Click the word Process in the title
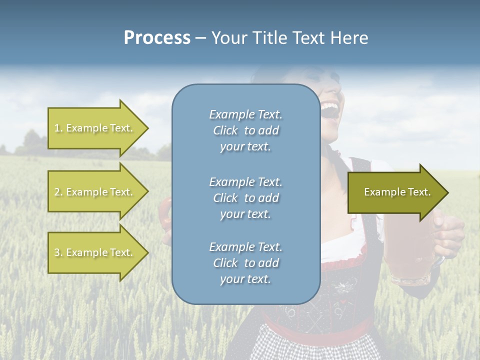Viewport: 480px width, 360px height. pyautogui.click(x=157, y=37)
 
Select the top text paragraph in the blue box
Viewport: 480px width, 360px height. pyautogui.click(x=245, y=130)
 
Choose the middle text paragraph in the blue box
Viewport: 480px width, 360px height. pyautogui.click(x=245, y=197)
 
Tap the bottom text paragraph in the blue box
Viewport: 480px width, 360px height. pyautogui.click(x=245, y=263)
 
